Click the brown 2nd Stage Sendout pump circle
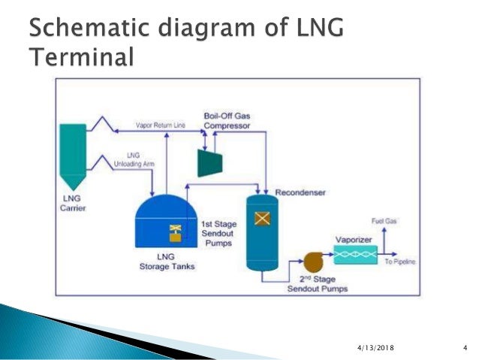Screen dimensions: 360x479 pyautogui.click(x=310, y=263)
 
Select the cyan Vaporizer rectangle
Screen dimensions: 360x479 pyautogui.click(x=356, y=256)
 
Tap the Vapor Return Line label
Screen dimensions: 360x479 pyautogui.click(x=160, y=126)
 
